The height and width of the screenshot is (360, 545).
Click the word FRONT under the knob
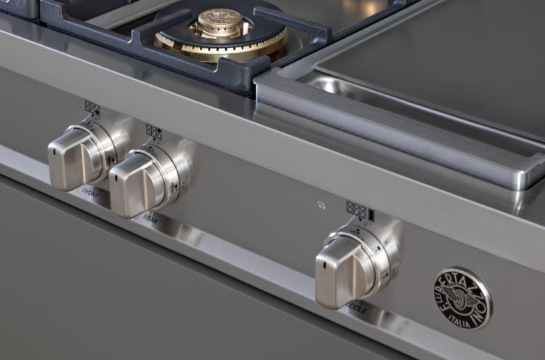(91, 193)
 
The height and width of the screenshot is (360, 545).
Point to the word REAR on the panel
(150, 217)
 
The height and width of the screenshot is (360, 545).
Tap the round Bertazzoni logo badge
(462, 298)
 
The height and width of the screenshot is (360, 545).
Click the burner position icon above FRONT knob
(92, 108)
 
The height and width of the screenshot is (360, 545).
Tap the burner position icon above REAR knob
(153, 131)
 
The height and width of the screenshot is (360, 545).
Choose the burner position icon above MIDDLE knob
(360, 210)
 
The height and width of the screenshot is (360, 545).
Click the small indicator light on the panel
(320, 206)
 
